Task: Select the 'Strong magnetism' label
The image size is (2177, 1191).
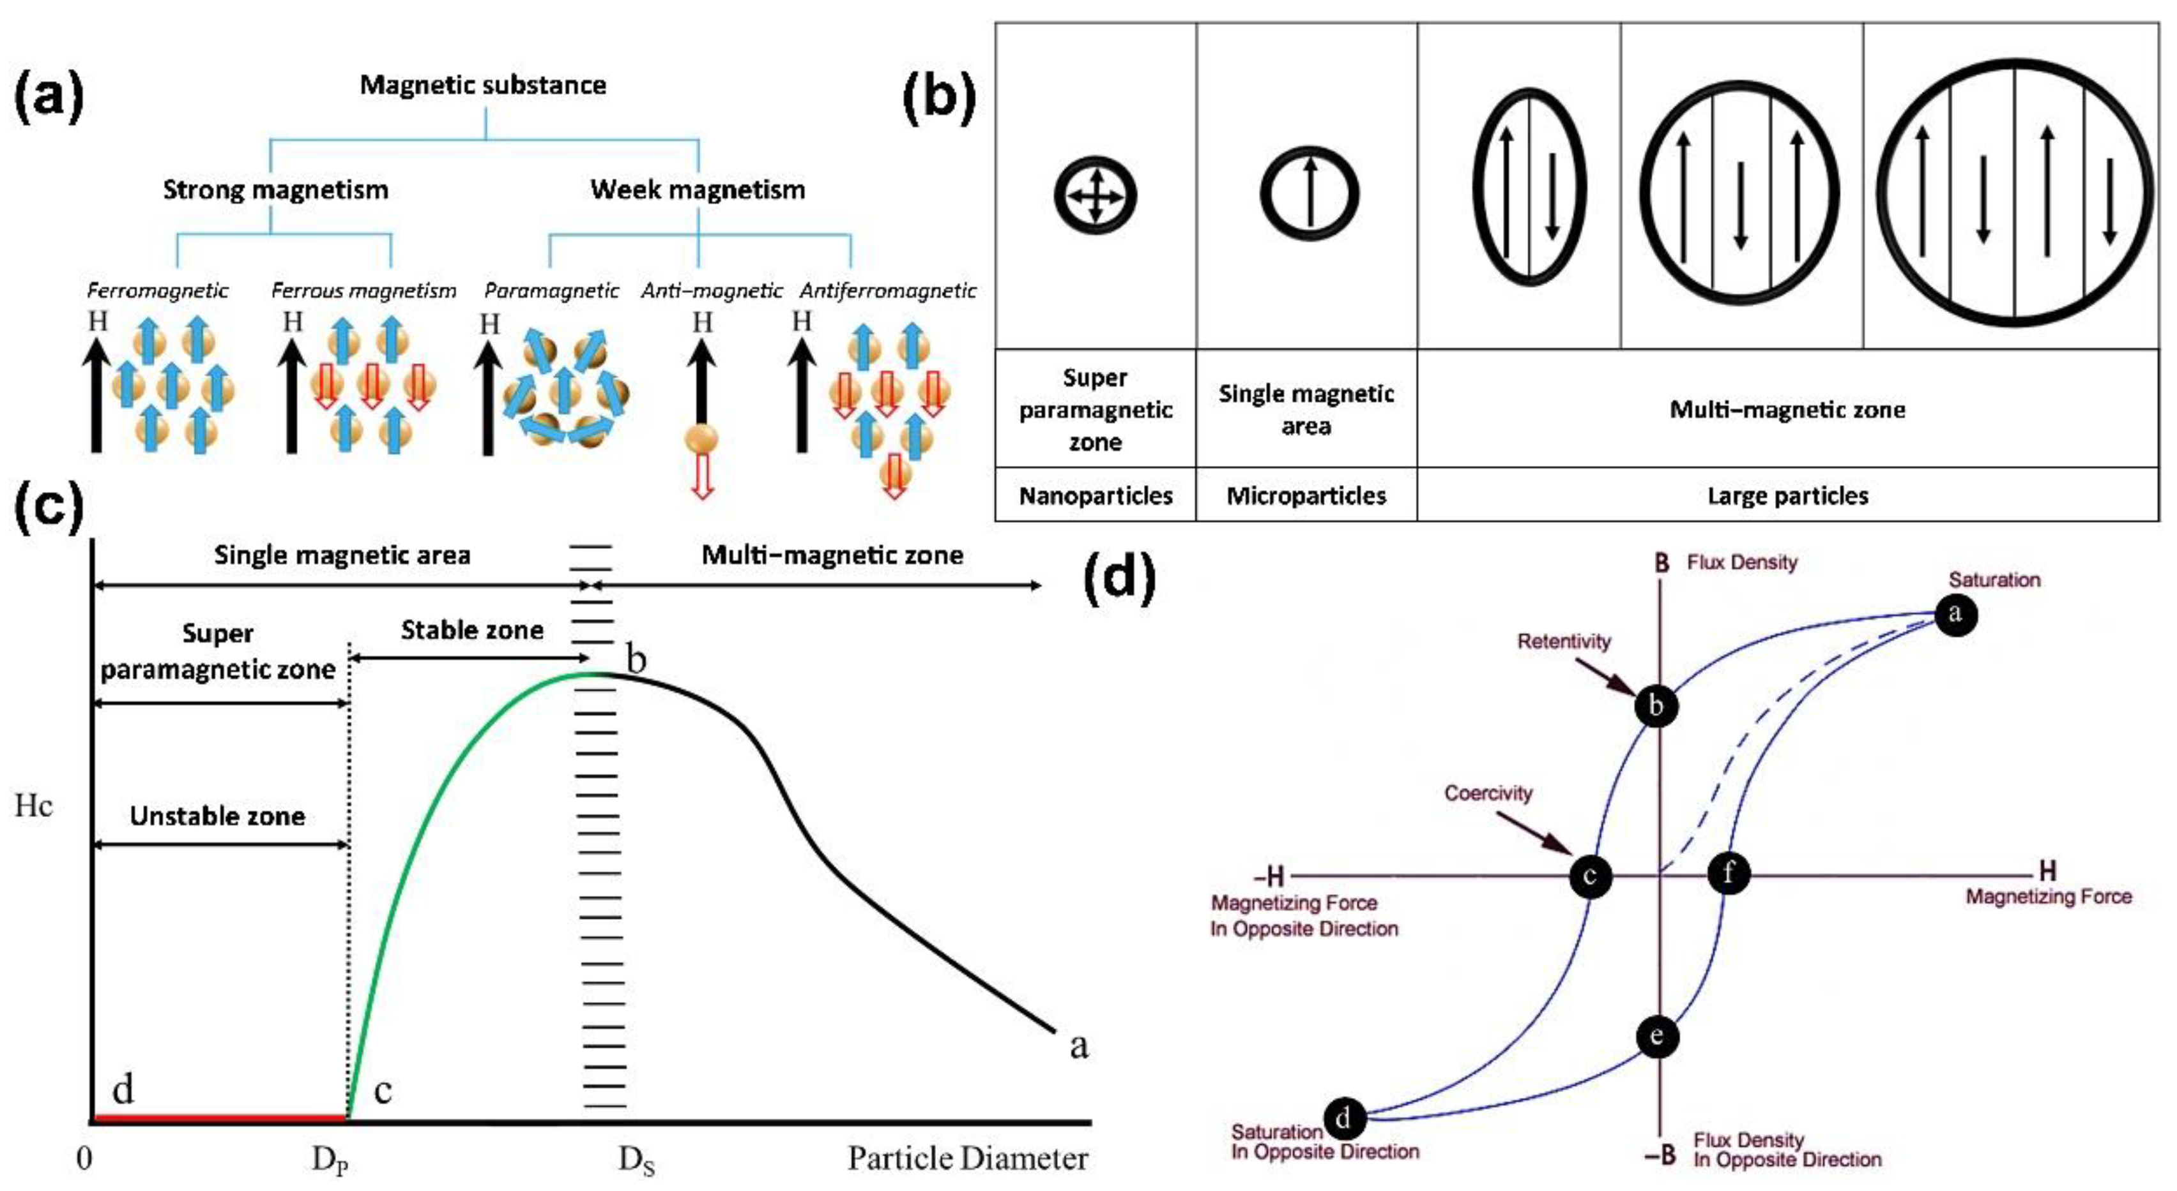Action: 275,189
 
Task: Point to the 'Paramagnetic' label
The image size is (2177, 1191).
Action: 551,290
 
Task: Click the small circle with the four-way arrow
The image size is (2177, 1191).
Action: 1096,196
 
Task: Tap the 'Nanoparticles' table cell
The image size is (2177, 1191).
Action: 1096,496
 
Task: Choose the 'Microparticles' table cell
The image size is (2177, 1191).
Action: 1306,496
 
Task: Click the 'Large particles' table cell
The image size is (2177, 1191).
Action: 1787,496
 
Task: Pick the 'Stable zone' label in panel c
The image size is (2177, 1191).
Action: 471,630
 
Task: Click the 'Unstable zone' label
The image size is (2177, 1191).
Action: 217,816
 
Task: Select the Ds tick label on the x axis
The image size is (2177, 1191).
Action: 636,1160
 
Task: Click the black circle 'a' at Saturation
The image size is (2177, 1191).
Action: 1955,614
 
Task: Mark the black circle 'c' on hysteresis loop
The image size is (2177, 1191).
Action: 1590,876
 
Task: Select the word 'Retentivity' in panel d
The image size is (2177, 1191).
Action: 1564,642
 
